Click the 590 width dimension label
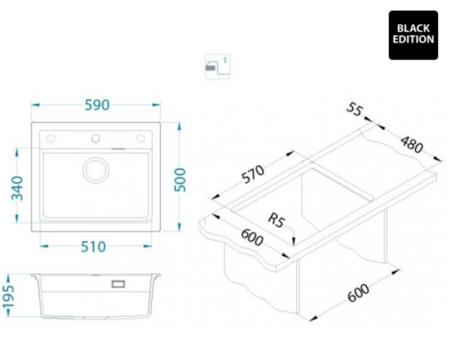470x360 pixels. pyautogui.click(x=97, y=105)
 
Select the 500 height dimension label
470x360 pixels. pyautogui.click(x=180, y=180)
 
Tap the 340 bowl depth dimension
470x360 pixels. pyautogui.click(x=17, y=189)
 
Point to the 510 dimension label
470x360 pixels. pyautogui.click(x=93, y=247)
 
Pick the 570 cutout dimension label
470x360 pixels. pyautogui.click(x=253, y=174)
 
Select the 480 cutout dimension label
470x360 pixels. pyautogui.click(x=412, y=144)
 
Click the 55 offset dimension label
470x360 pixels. pyautogui.click(x=355, y=110)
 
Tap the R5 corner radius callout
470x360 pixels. pyautogui.click(x=276, y=220)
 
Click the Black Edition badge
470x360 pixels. pyautogui.click(x=414, y=35)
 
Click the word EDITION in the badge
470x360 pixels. pyautogui.click(x=414, y=40)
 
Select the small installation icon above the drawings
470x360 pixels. pyautogui.click(x=218, y=67)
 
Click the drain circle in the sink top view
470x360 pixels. pyautogui.click(x=96, y=170)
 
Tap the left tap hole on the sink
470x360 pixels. pyautogui.click(x=51, y=139)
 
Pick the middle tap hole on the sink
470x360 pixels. pyautogui.click(x=96, y=139)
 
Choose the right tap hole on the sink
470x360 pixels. pyautogui.click(x=140, y=139)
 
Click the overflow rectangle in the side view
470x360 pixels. pyautogui.click(x=118, y=284)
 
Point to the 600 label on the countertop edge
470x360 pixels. pyautogui.click(x=252, y=237)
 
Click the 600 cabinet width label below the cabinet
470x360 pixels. pyautogui.click(x=359, y=293)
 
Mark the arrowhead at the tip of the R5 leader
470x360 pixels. pyautogui.click(x=294, y=241)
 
